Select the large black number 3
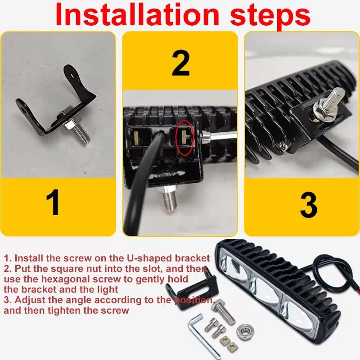(x=309, y=205)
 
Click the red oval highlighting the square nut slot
(x=184, y=137)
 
